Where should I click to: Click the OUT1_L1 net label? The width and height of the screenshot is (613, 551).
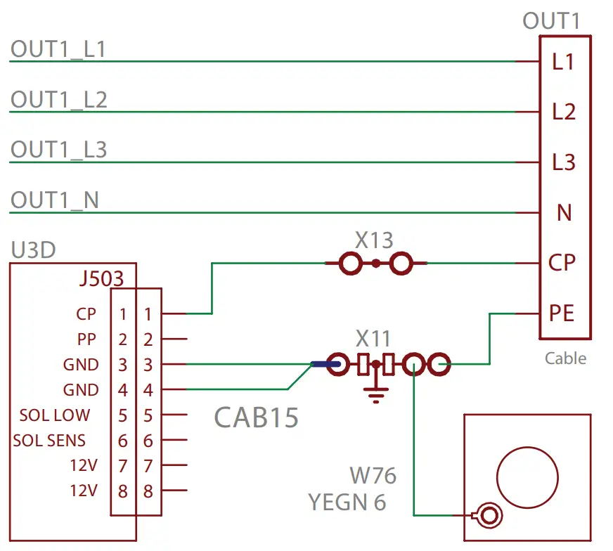[58, 49]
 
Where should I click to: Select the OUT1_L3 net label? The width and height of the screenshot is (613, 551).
[58, 150]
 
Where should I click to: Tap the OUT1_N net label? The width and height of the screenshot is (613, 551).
[54, 200]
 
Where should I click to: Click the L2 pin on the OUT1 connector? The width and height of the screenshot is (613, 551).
[564, 112]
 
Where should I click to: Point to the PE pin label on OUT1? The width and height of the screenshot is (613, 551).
[562, 313]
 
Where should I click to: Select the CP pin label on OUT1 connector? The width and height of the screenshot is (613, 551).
[562, 263]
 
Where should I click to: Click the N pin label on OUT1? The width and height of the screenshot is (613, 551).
[564, 212]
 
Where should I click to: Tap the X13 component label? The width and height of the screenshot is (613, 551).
[374, 241]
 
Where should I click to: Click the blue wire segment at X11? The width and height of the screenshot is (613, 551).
[325, 364]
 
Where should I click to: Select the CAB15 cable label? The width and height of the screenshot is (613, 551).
[256, 418]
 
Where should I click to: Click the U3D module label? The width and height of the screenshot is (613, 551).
[33, 250]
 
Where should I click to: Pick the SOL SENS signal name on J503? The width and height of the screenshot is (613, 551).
[49, 441]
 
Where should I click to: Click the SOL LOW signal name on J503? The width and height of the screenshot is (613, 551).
[55, 415]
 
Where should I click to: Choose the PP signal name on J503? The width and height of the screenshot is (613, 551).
[86, 339]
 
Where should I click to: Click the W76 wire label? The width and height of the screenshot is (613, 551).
[373, 476]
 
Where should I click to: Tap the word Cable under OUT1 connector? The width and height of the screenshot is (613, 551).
[565, 358]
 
